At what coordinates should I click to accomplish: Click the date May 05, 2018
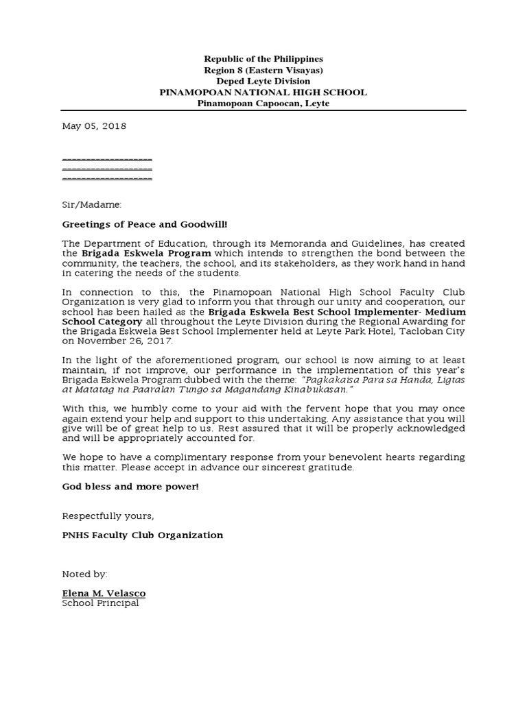click(94, 127)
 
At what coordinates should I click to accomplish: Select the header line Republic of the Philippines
click(263, 60)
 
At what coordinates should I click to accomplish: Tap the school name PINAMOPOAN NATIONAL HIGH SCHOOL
click(263, 93)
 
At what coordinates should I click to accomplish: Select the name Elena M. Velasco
click(104, 593)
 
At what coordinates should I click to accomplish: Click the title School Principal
click(100, 603)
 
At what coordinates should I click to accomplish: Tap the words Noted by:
click(84, 573)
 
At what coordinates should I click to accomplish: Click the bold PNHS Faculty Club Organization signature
click(142, 535)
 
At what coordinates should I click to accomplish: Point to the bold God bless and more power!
click(130, 487)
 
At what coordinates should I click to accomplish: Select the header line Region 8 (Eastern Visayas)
click(263, 71)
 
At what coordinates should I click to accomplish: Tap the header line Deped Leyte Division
click(263, 82)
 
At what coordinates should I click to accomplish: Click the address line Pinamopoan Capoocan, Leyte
click(263, 104)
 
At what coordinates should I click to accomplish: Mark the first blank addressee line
click(107, 158)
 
